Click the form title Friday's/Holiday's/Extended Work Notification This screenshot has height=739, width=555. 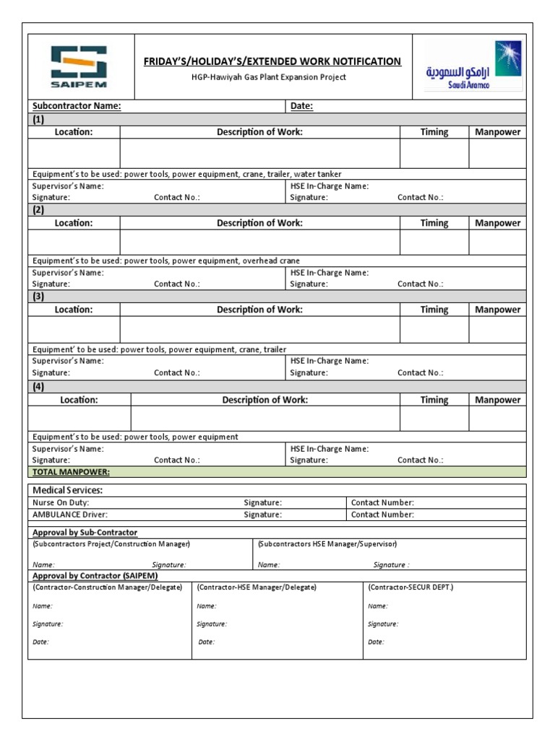[x=272, y=62]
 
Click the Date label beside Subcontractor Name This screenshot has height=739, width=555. [x=301, y=106]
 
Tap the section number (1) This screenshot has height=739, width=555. [x=38, y=119]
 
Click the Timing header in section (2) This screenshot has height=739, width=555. [x=434, y=223]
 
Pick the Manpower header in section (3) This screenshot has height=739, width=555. [x=497, y=310]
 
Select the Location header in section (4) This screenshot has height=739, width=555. [x=79, y=400]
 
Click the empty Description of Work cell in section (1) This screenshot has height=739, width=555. [x=259, y=153]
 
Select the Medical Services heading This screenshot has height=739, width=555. [x=68, y=490]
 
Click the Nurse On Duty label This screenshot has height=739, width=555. [x=61, y=502]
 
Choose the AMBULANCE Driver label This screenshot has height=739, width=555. [x=70, y=515]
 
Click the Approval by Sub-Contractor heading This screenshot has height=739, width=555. [x=85, y=533]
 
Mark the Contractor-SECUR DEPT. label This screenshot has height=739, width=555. [x=410, y=587]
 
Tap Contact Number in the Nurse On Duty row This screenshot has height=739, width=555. [x=382, y=502]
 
